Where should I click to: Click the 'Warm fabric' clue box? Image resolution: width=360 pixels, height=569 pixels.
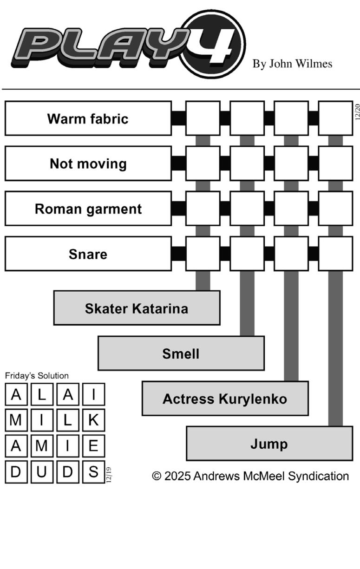coord(88,118)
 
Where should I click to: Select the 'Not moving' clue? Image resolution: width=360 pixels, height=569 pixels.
coord(88,164)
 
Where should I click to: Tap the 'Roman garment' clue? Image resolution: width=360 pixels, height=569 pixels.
coord(88,209)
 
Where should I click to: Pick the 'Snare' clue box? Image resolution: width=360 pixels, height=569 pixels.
coord(88,254)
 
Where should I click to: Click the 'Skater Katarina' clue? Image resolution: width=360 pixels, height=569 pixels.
coord(137,308)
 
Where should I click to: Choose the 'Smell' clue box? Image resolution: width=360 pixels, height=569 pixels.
coord(181,353)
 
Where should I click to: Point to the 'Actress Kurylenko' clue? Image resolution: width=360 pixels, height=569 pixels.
coord(225,399)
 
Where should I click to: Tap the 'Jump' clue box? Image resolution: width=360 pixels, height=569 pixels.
coord(269,444)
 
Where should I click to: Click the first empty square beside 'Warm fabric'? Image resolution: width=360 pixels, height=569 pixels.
coord(203,118)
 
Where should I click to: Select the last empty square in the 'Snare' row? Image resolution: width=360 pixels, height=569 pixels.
coord(335,254)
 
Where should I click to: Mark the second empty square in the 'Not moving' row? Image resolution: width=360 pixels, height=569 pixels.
coord(247,164)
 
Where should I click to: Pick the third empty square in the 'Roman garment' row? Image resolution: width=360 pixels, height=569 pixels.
coord(291,209)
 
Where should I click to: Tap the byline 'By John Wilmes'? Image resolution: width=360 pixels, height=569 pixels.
coord(292,64)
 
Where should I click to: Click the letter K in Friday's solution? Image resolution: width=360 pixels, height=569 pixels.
coord(93,420)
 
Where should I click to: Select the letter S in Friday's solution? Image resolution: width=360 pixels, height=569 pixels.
coord(93,471)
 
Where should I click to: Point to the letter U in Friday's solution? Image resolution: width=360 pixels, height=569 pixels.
coord(42,471)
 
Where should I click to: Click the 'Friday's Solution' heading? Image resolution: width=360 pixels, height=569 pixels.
coord(37,376)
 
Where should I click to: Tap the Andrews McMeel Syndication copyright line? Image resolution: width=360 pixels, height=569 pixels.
coord(250,476)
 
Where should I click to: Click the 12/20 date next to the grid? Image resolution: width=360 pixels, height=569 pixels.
coord(357,111)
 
